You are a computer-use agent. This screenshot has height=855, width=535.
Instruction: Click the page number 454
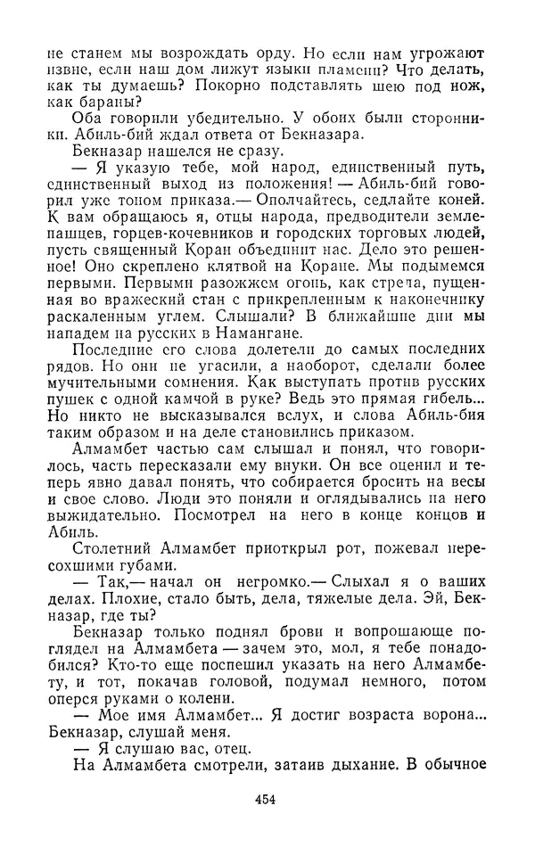point(265,800)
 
